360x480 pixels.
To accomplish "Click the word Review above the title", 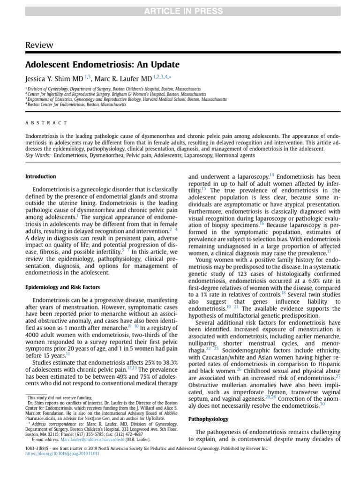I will coord(39,45).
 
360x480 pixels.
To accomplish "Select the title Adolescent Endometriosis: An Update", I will coord(102,64).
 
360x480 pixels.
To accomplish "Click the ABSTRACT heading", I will coord(46,123).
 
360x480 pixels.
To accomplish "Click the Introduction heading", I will coord(40,177).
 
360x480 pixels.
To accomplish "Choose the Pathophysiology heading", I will coord(208,419).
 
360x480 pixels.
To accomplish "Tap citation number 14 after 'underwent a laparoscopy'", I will coord(272,175).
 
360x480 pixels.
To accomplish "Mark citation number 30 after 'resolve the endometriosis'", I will coord(322,404).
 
